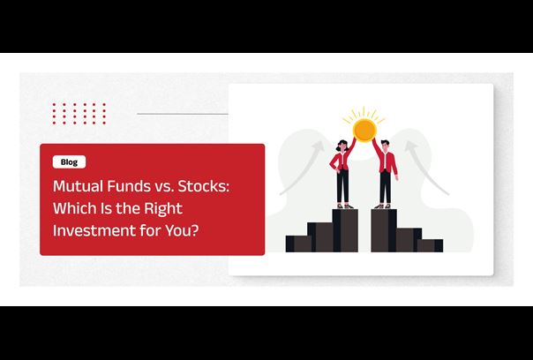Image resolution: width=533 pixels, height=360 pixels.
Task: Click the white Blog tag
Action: pos(69,161)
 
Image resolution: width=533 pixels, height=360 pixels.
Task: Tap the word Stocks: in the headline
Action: pos(204,186)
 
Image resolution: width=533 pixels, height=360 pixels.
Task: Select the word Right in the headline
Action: pos(163,209)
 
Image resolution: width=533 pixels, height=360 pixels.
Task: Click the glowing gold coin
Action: pos(364,131)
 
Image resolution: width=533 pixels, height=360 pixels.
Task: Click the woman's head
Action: pos(342,146)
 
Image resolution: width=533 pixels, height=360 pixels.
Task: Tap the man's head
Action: pos(385,146)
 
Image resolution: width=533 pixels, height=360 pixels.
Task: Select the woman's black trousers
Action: pos(343,186)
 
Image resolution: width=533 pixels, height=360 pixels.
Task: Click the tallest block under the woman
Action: pos(345,230)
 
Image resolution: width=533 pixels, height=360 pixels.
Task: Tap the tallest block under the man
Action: pos(384,230)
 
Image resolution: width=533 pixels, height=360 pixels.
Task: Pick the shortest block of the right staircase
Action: pos(430,246)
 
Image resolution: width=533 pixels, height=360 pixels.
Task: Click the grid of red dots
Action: pos(79,114)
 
